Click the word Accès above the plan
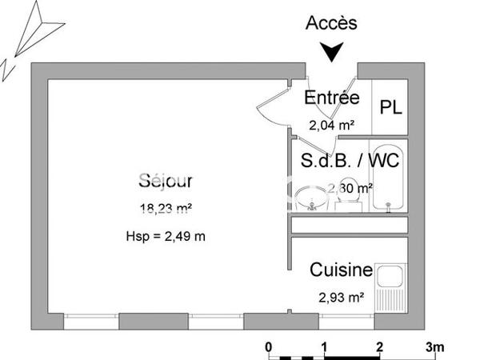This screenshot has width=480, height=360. [x=331, y=23]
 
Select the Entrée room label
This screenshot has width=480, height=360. [x=331, y=98]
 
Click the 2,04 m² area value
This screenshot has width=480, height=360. [x=331, y=125]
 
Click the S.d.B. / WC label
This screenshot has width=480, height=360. [x=350, y=160]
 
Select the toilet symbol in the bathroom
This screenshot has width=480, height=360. [x=347, y=202]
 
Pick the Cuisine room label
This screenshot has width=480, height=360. [x=342, y=270]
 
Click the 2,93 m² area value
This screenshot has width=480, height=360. [x=342, y=297]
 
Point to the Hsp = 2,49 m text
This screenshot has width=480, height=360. [x=166, y=236]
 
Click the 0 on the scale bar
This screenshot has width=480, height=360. [x=269, y=347]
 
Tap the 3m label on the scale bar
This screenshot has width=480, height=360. [x=434, y=347]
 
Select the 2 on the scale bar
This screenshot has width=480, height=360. [x=379, y=347]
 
